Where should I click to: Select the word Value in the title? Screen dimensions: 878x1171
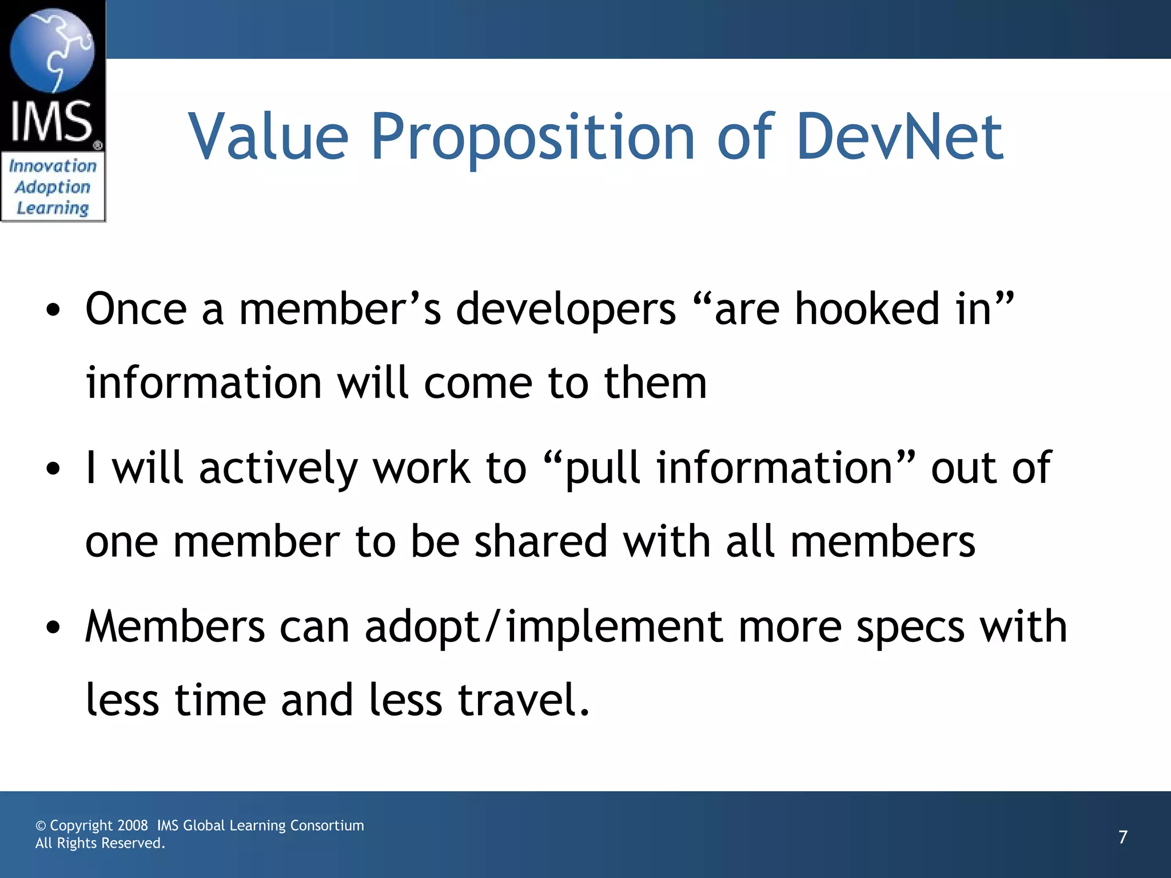pos(268,137)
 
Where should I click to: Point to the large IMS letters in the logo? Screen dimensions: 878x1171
pos(51,121)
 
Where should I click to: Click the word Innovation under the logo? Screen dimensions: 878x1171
pos(53,166)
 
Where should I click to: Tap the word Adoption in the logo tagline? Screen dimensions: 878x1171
pos(53,187)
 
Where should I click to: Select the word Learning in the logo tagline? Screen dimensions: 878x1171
pos(53,208)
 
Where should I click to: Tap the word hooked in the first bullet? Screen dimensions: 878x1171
pos(867,309)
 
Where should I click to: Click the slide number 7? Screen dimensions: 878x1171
pos(1123,837)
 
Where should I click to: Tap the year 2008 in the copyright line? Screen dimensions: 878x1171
pos(133,825)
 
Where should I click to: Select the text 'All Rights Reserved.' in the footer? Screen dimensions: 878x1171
pos(100,843)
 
